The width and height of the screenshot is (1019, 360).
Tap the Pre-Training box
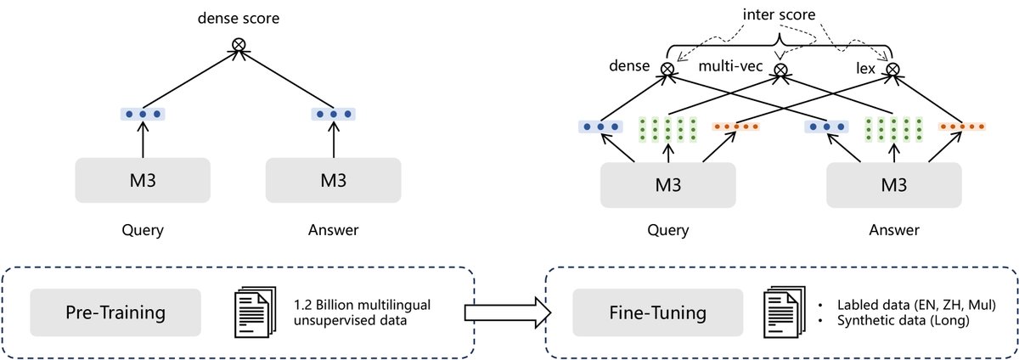tap(115, 312)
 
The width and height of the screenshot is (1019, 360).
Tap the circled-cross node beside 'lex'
tap(892, 68)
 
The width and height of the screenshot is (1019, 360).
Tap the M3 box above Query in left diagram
tap(143, 181)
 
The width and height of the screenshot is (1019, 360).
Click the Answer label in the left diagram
tap(334, 228)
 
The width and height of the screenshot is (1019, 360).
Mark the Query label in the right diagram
tap(667, 230)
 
